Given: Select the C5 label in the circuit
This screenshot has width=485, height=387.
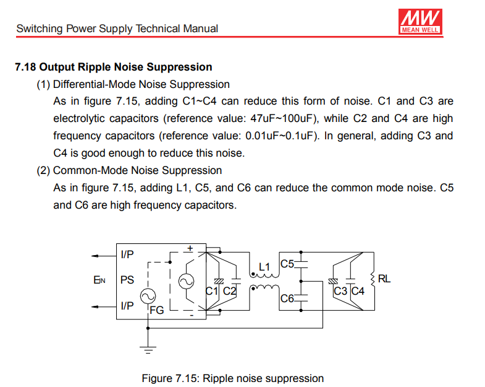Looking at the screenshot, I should [287, 264].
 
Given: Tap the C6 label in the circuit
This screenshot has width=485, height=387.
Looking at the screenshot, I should [287, 298].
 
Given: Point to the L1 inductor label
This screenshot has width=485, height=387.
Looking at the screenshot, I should [265, 267].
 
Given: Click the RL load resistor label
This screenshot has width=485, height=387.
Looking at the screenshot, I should [384, 279].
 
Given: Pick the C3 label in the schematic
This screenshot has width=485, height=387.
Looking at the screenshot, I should [340, 290].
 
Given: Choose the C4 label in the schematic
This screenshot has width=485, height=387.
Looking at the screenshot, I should [358, 290].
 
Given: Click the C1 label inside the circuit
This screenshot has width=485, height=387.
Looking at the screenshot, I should [212, 290].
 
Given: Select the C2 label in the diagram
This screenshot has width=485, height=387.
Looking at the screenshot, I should [229, 290].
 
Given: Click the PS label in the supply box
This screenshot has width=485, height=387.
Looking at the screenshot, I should [127, 280].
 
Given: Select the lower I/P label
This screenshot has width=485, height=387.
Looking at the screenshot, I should [127, 305].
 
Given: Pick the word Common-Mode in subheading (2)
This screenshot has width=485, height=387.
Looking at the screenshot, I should [82, 170].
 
